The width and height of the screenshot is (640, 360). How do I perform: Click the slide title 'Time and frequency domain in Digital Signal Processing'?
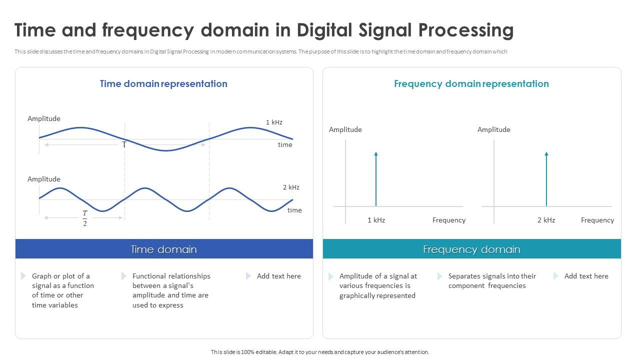coord(264,30)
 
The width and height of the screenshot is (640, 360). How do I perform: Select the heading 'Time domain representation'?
coord(163,83)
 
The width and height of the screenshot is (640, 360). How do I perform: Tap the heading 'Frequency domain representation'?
coord(471,83)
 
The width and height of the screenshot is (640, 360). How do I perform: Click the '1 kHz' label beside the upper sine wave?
coord(274,122)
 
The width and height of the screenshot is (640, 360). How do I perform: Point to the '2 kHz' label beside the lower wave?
coord(291,187)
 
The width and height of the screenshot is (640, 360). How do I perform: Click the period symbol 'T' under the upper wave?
coord(124,144)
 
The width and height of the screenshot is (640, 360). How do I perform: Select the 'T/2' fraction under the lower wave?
coord(84,218)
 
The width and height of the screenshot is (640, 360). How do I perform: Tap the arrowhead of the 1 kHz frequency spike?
coord(376,154)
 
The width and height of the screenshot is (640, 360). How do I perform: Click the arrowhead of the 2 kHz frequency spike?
coord(546,154)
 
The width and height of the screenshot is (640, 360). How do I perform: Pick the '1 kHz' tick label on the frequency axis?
coord(376,220)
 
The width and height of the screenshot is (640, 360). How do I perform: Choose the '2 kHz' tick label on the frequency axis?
coord(546,220)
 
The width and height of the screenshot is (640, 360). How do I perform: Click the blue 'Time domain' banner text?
coord(163,249)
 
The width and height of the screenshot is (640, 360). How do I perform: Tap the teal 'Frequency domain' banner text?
coord(471,249)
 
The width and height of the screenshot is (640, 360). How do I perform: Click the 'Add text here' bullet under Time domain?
coord(278,276)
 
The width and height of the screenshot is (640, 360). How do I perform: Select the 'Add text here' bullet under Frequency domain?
coord(586,276)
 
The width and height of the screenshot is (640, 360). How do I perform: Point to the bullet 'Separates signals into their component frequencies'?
coord(491,280)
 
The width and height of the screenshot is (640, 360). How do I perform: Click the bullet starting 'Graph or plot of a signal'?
coord(62,290)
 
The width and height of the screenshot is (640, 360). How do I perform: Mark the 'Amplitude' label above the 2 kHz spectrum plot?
coord(493,129)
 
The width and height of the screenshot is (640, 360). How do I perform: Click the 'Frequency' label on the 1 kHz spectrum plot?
coord(448,220)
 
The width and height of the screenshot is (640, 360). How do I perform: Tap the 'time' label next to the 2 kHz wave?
coord(294,210)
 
